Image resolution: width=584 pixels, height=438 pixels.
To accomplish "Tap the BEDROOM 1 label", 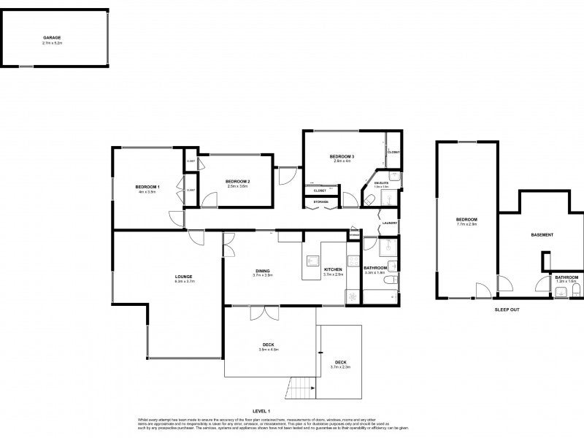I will [x=147, y=188].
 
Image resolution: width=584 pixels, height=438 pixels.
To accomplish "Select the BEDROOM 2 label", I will [x=237, y=181].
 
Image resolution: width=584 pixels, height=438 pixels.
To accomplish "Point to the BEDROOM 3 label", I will [x=341, y=157].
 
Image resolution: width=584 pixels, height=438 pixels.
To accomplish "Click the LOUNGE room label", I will [x=183, y=276].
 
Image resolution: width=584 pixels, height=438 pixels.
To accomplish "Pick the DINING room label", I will [x=263, y=270].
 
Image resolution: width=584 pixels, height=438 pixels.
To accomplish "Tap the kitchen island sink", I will [x=313, y=259].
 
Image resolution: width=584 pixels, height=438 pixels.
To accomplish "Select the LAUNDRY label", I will [x=389, y=223].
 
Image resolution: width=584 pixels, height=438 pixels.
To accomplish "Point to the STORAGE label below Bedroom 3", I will [x=321, y=201].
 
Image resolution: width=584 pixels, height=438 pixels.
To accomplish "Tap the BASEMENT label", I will [x=542, y=235].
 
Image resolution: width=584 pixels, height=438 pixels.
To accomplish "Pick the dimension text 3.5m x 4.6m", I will [x=270, y=350].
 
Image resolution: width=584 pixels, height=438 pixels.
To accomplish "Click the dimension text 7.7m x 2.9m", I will [x=466, y=226].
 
